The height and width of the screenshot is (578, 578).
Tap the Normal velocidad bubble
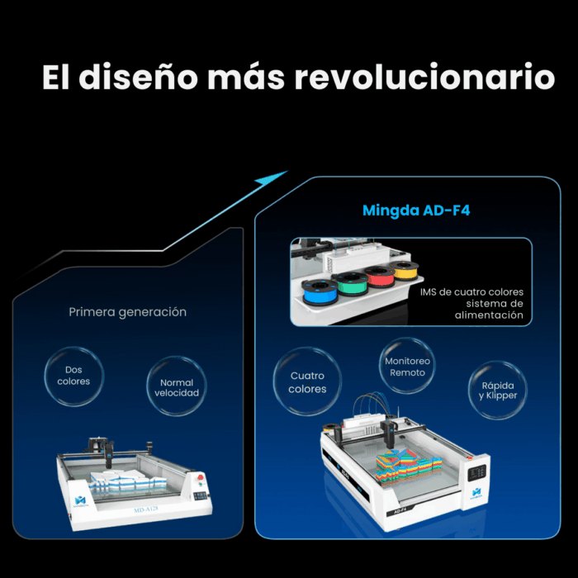(173, 387)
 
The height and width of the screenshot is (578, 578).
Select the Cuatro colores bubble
(307, 382)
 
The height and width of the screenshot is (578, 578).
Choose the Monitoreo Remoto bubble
(407, 367)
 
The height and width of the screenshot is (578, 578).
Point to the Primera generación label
(128, 312)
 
